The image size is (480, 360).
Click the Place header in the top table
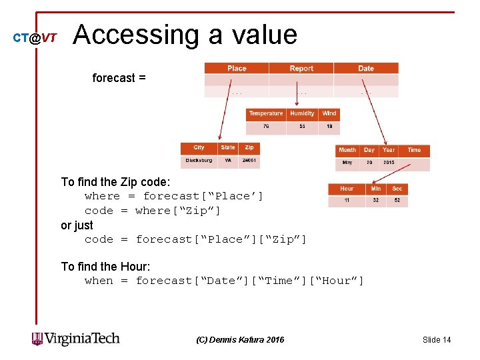[x=237, y=68]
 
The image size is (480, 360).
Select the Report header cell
[x=301, y=68]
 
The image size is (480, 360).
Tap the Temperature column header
[x=266, y=113]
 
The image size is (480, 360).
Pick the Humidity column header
[x=302, y=113]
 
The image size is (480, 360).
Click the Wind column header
[x=329, y=113]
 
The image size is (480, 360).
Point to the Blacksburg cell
[x=199, y=161]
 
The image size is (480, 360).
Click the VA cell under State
[x=228, y=161]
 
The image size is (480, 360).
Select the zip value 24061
[x=250, y=161]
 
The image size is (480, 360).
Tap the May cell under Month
[x=347, y=163]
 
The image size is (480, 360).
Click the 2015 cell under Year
[x=389, y=163]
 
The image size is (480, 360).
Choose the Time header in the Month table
[x=415, y=150]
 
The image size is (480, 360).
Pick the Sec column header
[x=397, y=189]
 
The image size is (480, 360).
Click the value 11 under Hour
[x=347, y=200]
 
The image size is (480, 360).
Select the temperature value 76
[x=266, y=126]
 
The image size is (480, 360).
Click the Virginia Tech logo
[x=75, y=339]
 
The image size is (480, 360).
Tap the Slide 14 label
[x=437, y=340]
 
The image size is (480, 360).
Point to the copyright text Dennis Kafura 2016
[x=240, y=340]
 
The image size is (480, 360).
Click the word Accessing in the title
[x=136, y=35]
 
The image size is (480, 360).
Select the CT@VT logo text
[x=35, y=38]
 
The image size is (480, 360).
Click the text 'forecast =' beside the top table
[x=119, y=78]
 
